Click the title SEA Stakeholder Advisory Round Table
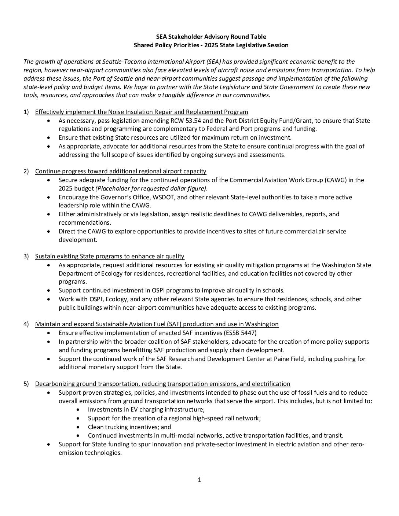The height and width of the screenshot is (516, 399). coord(211,37)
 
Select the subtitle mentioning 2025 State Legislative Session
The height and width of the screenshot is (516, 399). coord(211,45)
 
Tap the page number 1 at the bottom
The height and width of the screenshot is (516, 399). coord(199,480)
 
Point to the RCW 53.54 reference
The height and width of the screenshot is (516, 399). coord(187,121)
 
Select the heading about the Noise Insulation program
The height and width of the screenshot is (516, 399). coord(142,112)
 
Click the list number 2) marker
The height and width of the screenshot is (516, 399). coord(26,171)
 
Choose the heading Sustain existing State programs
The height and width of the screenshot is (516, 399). coord(110,256)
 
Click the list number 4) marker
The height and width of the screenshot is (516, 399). coord(26,324)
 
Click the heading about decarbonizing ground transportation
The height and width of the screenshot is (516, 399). coord(162,384)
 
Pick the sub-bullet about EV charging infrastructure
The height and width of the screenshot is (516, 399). coord(146,409)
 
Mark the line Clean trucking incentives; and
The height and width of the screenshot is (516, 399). coord(129,427)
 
